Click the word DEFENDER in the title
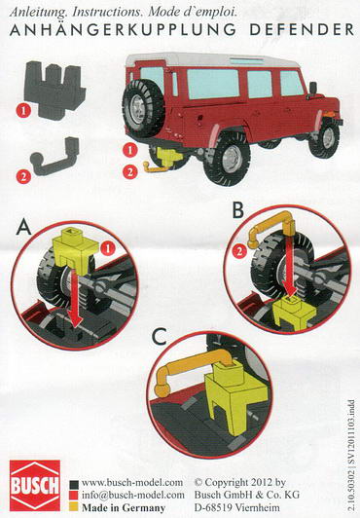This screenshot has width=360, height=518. (302, 30)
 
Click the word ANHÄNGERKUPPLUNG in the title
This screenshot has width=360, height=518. (123, 29)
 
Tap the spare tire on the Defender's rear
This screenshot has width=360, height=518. (143, 108)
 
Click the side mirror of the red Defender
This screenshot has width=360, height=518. (312, 90)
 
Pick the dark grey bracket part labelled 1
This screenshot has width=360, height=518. (54, 90)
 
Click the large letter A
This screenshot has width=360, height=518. (23, 227)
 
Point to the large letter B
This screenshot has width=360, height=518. (238, 210)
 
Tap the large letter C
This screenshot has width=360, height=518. (159, 337)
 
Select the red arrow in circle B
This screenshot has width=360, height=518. (291, 265)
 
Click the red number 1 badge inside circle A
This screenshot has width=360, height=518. (109, 248)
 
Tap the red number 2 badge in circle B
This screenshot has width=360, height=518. (239, 252)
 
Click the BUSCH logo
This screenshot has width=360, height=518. (35, 485)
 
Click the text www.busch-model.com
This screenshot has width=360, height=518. (132, 482)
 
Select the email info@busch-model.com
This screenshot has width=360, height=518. (133, 495)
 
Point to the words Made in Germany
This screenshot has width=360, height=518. (124, 507)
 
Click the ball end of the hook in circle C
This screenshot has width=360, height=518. (162, 390)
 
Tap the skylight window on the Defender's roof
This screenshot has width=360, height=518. (246, 60)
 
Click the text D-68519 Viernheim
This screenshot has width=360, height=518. (237, 507)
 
